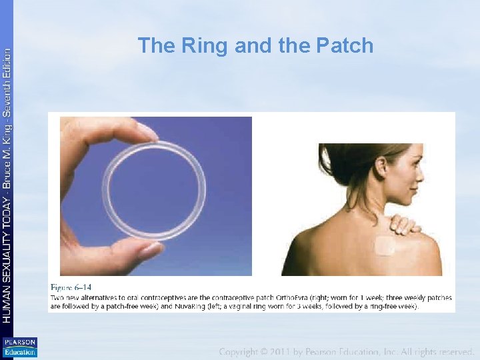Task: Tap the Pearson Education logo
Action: tap(19, 347)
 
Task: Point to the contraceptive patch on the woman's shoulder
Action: tap(385, 247)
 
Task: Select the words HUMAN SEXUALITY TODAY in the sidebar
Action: tap(7, 260)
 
